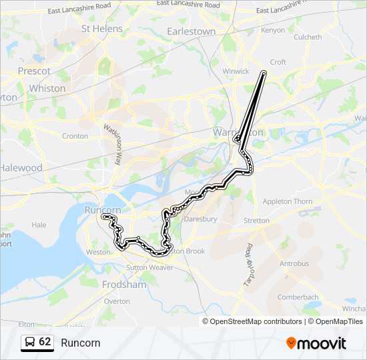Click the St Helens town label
(102, 29)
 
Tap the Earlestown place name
(191, 31)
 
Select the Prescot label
(35, 71)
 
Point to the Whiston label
(47, 88)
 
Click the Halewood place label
(21, 168)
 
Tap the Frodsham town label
(124, 284)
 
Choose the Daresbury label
(201, 219)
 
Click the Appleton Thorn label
(288, 201)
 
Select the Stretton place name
(257, 220)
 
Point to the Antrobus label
(294, 263)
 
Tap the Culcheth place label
(308, 37)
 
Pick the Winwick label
(236, 71)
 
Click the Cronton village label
(75, 136)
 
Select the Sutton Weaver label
(150, 267)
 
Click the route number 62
(45, 342)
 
